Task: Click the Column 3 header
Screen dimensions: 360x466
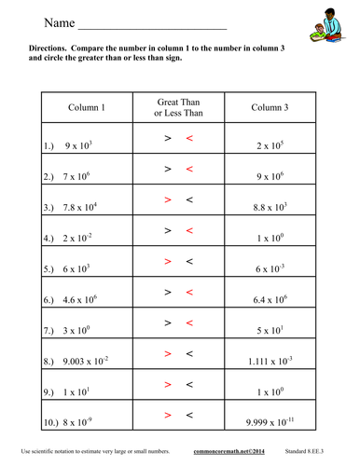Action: [x=274, y=107]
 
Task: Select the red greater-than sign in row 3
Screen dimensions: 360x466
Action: [x=167, y=199]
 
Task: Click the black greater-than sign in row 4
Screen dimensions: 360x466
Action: [x=167, y=230]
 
